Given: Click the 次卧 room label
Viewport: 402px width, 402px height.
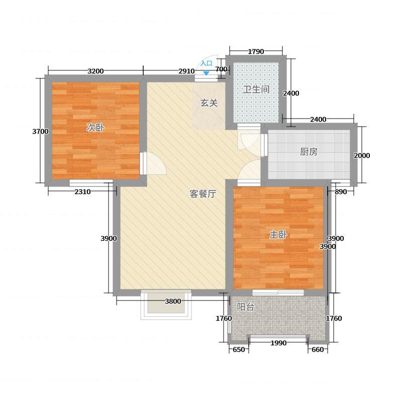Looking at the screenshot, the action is pos(95,128).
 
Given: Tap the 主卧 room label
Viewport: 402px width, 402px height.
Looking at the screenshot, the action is pos(278,235).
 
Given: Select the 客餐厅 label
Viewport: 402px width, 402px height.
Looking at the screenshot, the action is pos(203,194).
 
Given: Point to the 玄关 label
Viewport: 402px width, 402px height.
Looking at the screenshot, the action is pos(209,103).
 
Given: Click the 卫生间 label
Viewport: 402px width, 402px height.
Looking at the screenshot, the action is pos(256,89).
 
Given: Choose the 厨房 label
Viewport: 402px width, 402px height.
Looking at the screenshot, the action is pos(309,152).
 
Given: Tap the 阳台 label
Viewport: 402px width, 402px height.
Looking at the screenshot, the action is pos(245,307).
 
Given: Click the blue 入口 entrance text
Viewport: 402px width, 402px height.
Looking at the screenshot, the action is pos(207,63).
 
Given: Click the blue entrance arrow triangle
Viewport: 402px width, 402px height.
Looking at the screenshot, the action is pos(207,73).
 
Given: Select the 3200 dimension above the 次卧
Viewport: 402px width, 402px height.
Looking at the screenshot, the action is pos(95,71).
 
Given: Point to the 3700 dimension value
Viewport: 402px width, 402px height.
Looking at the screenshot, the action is pos(40,131).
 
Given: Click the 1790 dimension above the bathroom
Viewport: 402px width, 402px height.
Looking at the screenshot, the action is pos(256,52).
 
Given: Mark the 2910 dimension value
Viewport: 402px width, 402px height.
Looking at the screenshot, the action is pos(186,71).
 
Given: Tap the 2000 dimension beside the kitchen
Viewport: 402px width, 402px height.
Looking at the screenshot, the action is pos(362,155).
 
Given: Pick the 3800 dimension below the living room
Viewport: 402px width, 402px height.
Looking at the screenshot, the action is pos(173,301).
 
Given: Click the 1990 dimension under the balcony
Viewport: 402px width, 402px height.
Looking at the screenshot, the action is pos(278,343).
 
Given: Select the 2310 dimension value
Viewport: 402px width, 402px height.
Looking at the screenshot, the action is pos(82,191).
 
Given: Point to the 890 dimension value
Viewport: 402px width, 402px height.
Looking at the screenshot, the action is pos(341,191).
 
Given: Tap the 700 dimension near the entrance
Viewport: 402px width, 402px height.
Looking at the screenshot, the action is pos(221,69).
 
